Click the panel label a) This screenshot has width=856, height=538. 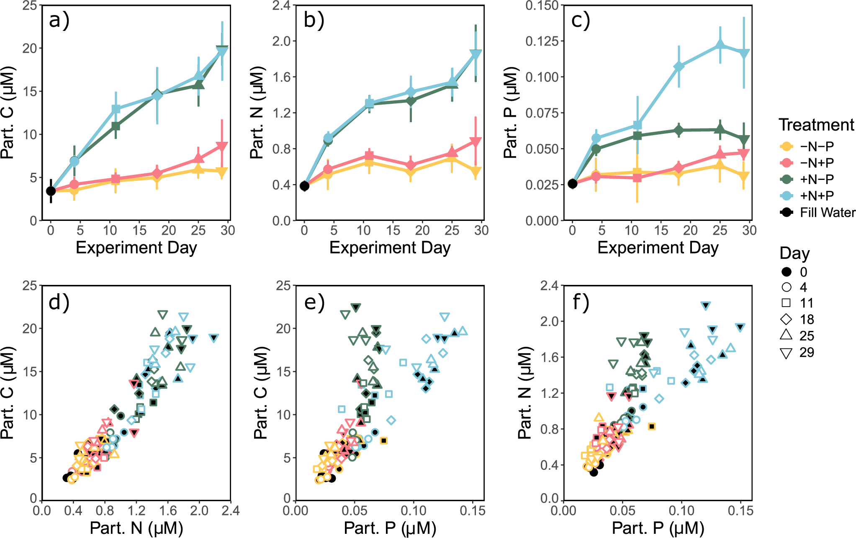point(59,20)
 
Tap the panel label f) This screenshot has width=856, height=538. point(581,302)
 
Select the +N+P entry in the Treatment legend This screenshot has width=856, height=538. point(817,196)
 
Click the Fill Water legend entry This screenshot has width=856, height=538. point(827,213)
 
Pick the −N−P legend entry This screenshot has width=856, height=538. point(817,146)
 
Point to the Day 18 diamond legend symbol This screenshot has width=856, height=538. point(787,320)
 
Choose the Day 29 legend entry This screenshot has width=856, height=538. point(806,353)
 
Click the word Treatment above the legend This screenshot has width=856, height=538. point(816,125)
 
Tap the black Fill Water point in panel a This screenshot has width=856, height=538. point(51,191)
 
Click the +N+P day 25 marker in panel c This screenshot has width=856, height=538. point(720,45)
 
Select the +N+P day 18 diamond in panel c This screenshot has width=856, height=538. point(679,67)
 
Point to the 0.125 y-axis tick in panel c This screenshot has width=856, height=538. point(542,41)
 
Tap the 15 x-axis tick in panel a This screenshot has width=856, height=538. point(139,231)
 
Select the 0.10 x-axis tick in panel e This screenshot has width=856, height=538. point(414,511)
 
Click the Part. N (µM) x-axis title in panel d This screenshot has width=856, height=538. point(136,528)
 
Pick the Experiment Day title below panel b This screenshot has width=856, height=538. point(390,248)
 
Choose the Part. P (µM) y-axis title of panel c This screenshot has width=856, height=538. point(511,113)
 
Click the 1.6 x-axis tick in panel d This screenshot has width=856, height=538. point(167,511)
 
